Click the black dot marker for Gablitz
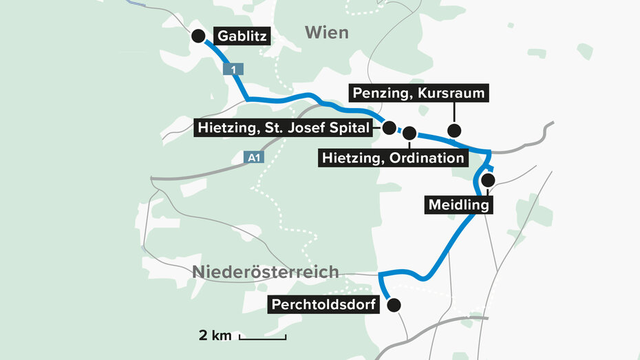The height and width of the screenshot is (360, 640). click(198, 36)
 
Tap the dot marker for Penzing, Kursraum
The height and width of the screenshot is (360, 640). click(454, 130)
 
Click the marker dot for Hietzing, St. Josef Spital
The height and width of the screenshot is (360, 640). click(389, 127)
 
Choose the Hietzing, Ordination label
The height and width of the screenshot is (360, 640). click(393, 158)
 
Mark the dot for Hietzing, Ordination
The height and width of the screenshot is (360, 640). click(409, 133)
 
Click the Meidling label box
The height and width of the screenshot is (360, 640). click(458, 205)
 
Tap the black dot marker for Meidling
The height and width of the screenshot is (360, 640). click(488, 180)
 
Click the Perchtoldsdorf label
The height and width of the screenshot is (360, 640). click(324, 304)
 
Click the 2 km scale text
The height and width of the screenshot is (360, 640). click(214, 336)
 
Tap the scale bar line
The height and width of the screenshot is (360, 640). click(263, 337)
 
